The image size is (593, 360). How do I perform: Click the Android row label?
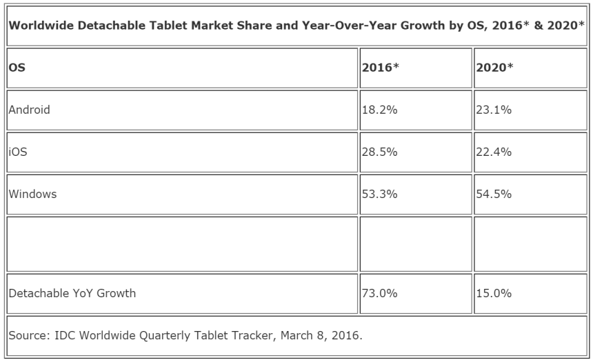(x=29, y=110)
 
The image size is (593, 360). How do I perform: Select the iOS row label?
(x=18, y=152)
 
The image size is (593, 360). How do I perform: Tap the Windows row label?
(x=32, y=194)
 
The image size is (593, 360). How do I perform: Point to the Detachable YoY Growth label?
(x=72, y=293)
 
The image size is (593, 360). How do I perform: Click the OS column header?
(x=17, y=68)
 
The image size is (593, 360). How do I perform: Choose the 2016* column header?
(x=381, y=68)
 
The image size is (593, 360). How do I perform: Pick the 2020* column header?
(x=494, y=68)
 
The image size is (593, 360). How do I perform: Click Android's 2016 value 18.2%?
(x=380, y=110)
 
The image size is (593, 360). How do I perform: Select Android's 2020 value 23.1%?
(x=494, y=110)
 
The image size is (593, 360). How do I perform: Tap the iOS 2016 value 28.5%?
(x=380, y=152)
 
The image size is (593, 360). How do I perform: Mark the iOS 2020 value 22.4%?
(x=494, y=152)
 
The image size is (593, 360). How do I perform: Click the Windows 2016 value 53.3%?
(x=380, y=194)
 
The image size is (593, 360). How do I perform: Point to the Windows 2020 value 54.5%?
(x=494, y=194)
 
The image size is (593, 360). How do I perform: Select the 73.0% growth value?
(x=380, y=293)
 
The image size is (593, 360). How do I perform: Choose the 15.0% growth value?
(x=494, y=293)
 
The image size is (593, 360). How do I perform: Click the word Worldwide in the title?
(x=41, y=26)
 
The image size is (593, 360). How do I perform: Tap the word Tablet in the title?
(x=168, y=26)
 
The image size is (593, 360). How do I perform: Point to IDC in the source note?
(x=65, y=335)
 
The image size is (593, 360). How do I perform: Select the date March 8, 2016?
(x=321, y=335)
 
